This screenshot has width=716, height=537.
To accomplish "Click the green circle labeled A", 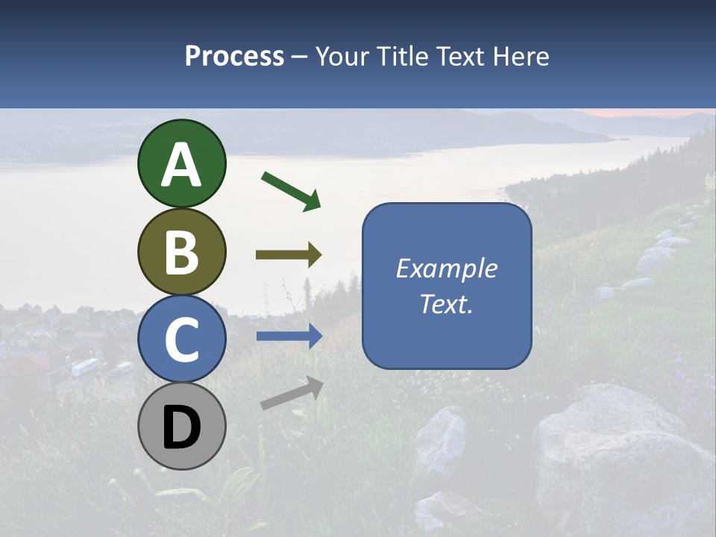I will [181, 163].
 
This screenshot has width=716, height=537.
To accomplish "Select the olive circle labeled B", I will [181, 251].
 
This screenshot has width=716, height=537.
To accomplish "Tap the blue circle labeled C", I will [181, 339].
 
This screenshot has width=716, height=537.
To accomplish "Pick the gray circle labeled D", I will [181, 426].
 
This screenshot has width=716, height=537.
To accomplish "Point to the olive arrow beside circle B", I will [289, 255].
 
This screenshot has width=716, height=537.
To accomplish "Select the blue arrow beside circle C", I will [289, 336].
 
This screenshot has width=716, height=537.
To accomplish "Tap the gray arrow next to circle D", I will [292, 393].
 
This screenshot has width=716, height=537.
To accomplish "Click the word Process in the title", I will [234, 56].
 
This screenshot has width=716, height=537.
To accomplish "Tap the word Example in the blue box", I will [446, 268].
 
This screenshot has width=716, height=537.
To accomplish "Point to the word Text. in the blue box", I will [446, 304].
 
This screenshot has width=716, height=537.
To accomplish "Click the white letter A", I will [181, 165].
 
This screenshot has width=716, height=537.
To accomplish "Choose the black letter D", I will [181, 427].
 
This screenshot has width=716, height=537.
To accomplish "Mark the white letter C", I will [181, 339].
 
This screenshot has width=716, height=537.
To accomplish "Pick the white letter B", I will [181, 252].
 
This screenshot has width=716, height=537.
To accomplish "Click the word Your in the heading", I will [344, 56].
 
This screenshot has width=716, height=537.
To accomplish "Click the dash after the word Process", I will [299, 57].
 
